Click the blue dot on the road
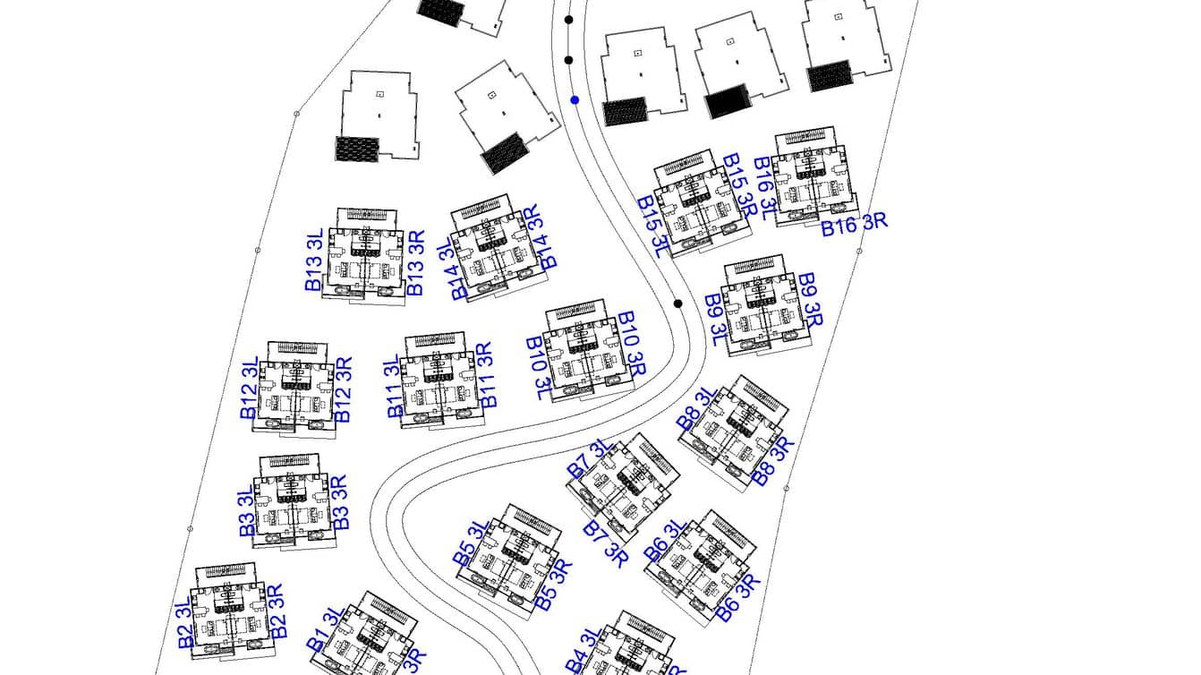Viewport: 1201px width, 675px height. [575, 100]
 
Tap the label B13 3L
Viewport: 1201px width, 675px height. [313, 261]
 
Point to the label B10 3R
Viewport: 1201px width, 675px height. [631, 344]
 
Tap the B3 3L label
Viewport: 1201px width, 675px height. [247, 513]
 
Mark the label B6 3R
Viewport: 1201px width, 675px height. [739, 597]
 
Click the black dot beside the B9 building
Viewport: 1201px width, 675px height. [677, 303]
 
